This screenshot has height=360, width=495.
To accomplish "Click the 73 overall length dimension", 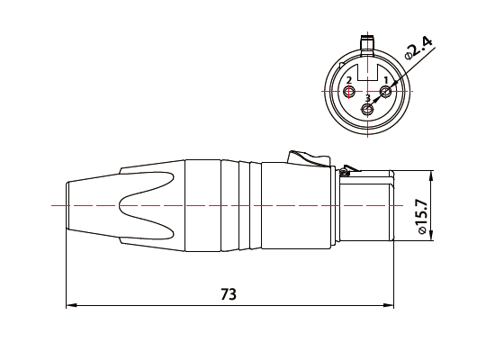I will tap(229, 294).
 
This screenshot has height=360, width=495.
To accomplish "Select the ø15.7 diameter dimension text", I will tap(419, 219).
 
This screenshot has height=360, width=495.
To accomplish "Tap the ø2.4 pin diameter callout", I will tap(418, 50).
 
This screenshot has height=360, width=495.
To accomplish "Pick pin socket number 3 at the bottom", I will tap(367, 110).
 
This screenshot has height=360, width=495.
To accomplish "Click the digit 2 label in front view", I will tap(348, 80).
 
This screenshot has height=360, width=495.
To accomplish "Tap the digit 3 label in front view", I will tap(367, 98).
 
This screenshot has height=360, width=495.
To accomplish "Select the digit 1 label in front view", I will tap(386, 80).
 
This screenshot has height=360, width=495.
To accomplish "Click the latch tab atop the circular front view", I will tap(367, 41).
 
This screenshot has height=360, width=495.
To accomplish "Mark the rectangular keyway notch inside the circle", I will tap(367, 66).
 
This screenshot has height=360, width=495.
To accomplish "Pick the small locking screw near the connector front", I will tap(347, 167).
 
